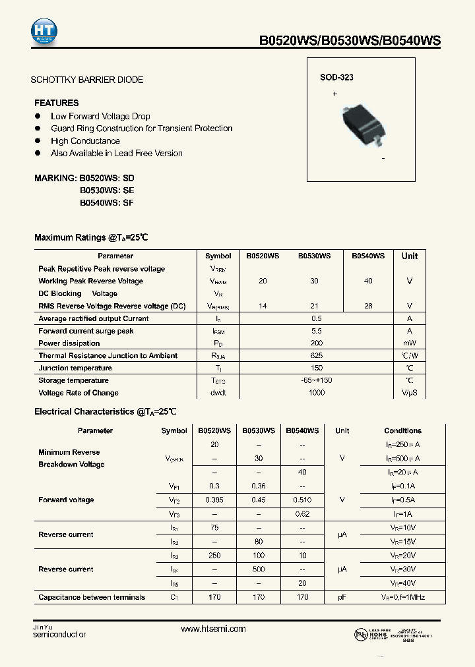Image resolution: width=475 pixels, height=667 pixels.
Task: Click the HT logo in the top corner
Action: click(x=44, y=30)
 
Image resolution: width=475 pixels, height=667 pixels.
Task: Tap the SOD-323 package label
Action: click(x=336, y=77)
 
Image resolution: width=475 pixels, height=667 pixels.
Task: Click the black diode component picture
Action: click(x=362, y=123)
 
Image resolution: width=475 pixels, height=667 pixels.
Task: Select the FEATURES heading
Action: click(x=56, y=103)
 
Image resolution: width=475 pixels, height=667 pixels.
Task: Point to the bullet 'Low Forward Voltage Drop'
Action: click(x=100, y=116)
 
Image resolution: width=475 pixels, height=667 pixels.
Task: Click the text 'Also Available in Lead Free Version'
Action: click(x=117, y=153)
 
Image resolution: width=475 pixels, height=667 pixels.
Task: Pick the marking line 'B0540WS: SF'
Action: click(x=106, y=203)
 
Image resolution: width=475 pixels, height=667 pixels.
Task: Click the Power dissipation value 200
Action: click(x=316, y=343)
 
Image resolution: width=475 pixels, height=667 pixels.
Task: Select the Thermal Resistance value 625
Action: click(x=316, y=356)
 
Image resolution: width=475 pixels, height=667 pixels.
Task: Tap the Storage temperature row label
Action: click(x=73, y=380)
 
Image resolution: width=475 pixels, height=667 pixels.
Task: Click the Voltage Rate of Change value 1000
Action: click(x=316, y=393)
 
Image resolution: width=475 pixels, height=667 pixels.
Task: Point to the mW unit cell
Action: click(x=410, y=343)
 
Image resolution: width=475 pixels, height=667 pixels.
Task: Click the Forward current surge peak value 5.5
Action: click(x=316, y=331)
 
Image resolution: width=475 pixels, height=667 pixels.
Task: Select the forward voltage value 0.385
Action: click(x=214, y=500)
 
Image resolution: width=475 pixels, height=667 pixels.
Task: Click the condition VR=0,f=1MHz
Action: click(x=402, y=598)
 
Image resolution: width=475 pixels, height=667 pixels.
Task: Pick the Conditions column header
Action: click(x=402, y=430)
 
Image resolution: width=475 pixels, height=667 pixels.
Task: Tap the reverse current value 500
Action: click(x=259, y=569)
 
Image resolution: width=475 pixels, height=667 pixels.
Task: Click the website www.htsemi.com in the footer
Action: click(x=213, y=629)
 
